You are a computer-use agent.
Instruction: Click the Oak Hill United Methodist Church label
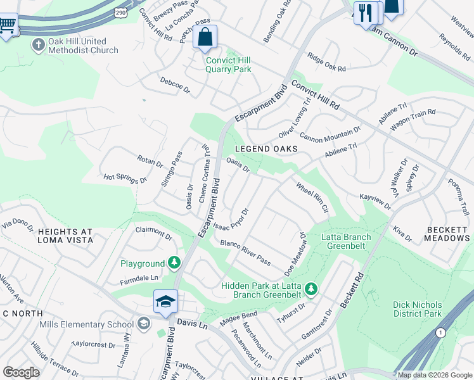pos(83,46)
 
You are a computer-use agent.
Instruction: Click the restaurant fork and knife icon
pos(365,13)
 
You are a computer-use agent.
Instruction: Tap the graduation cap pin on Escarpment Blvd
pos(165,302)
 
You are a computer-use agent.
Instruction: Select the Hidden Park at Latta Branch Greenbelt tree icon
pos(311,289)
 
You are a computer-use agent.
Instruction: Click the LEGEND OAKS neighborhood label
pos(266,149)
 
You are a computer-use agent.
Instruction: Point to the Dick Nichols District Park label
pos(417,309)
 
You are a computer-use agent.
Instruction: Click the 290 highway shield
pos(120,13)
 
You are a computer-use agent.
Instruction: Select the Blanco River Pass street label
pos(245,253)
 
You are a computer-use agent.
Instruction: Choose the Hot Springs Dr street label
pos(125,179)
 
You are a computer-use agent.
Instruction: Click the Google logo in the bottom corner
pos(21,372)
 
